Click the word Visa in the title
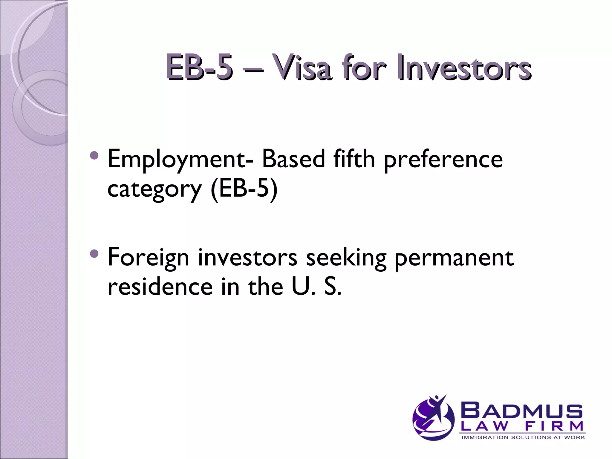[x=302, y=67]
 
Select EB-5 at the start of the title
[x=199, y=67]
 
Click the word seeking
[x=346, y=258]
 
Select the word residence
[x=160, y=287]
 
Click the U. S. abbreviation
[x=316, y=287]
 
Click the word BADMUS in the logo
[x=522, y=411]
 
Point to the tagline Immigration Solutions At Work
[x=523, y=437]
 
